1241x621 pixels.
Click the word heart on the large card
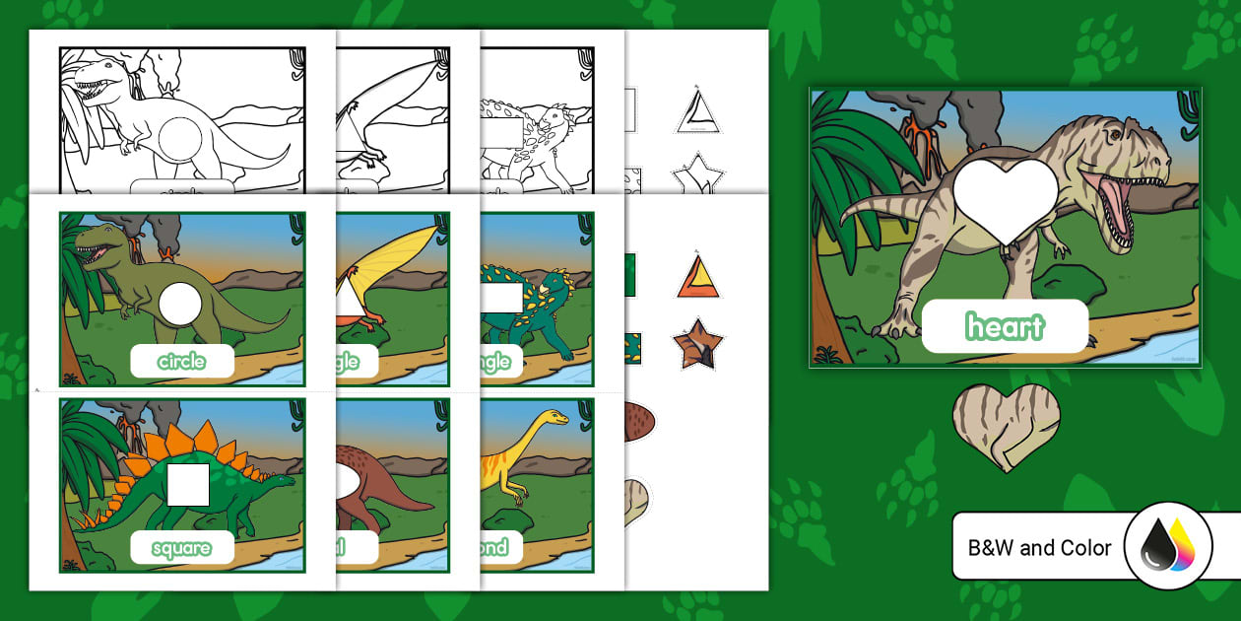(1005, 326)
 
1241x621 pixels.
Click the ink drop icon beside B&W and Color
(1167, 545)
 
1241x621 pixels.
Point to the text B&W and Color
(1039, 548)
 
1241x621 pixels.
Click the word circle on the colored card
(182, 362)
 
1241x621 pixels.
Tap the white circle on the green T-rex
(180, 304)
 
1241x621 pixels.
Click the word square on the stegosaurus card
(182, 548)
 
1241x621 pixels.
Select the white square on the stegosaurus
(188, 484)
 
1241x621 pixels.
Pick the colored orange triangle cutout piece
(698, 278)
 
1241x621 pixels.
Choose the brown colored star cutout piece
(697, 343)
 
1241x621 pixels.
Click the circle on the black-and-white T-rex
(182, 136)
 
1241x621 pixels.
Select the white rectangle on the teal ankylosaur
(500, 298)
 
